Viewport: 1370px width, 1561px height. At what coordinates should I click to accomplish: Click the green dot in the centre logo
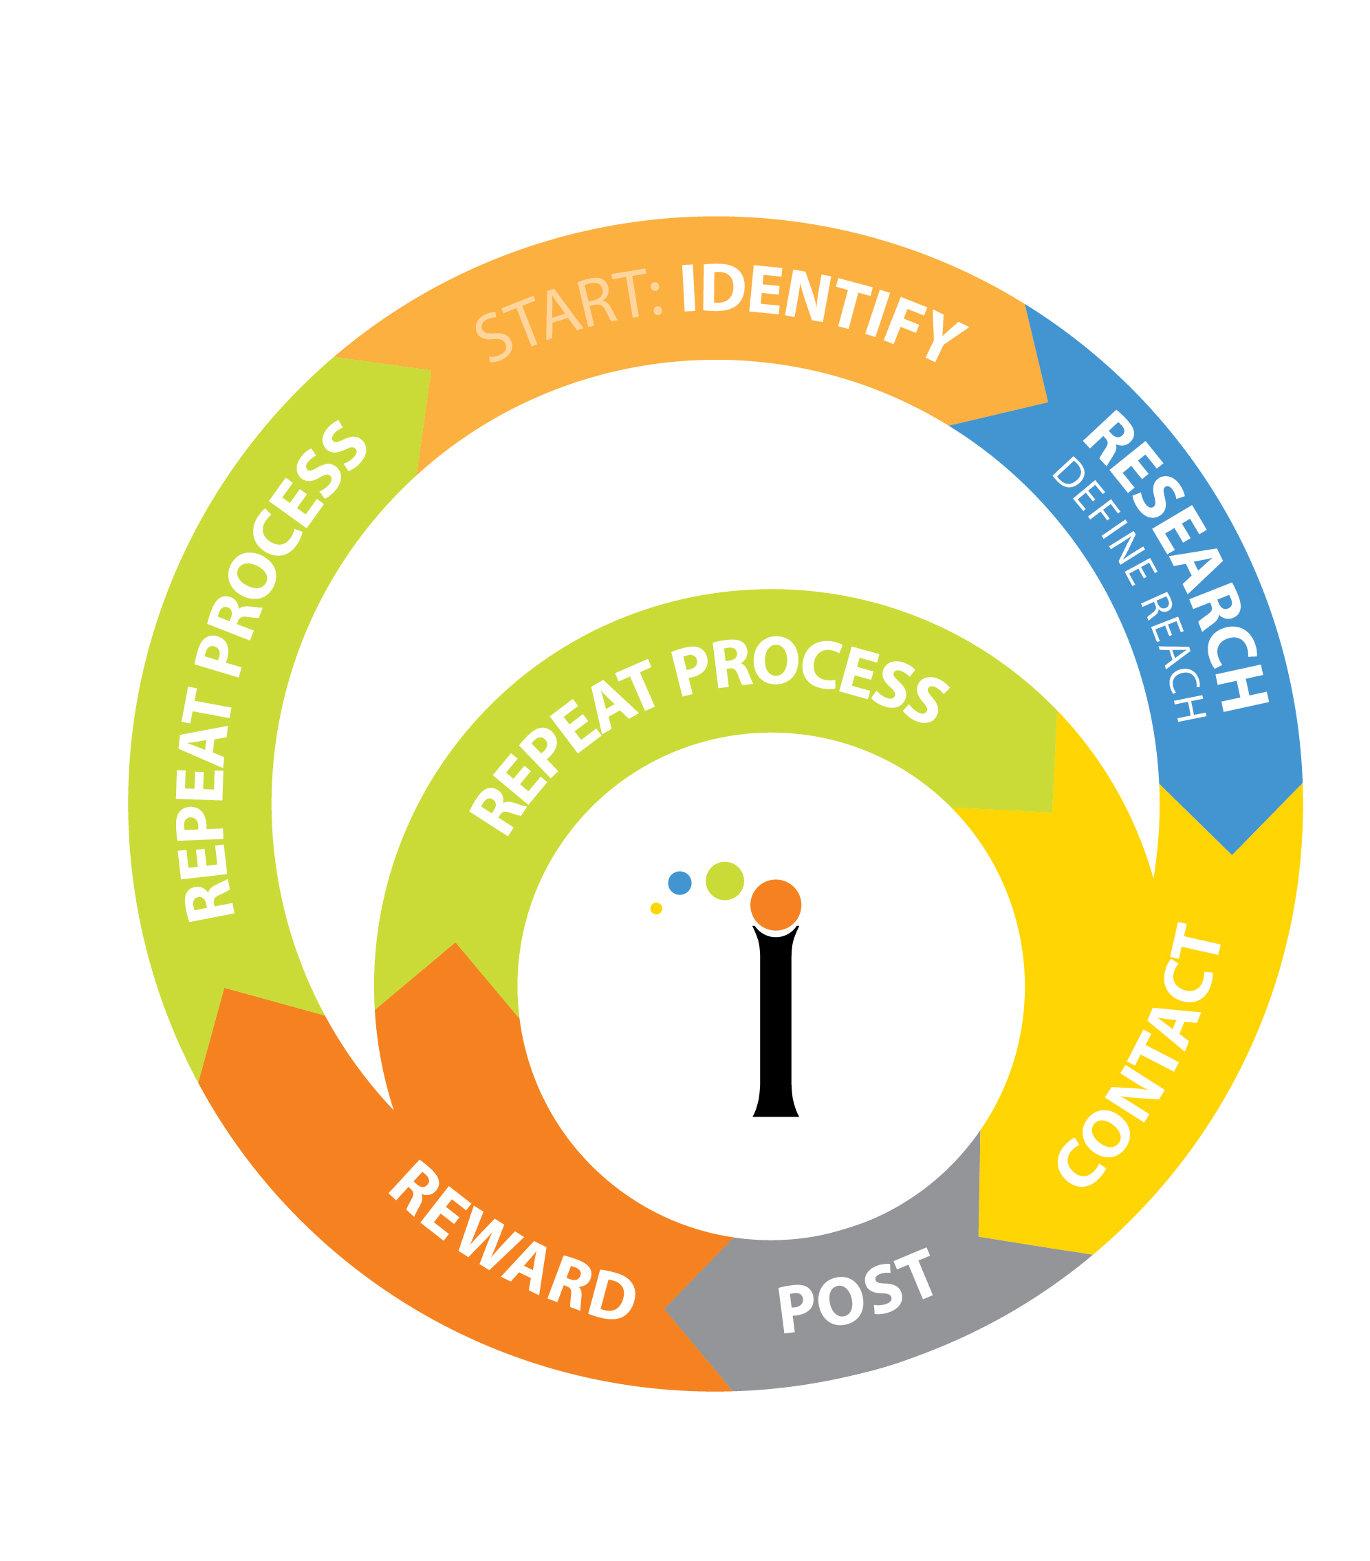point(724,881)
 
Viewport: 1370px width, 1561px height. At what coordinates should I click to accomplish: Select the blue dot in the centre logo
point(679,883)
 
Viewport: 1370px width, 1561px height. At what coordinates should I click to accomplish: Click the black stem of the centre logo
point(775,1024)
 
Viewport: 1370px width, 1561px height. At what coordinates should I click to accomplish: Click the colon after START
point(656,299)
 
